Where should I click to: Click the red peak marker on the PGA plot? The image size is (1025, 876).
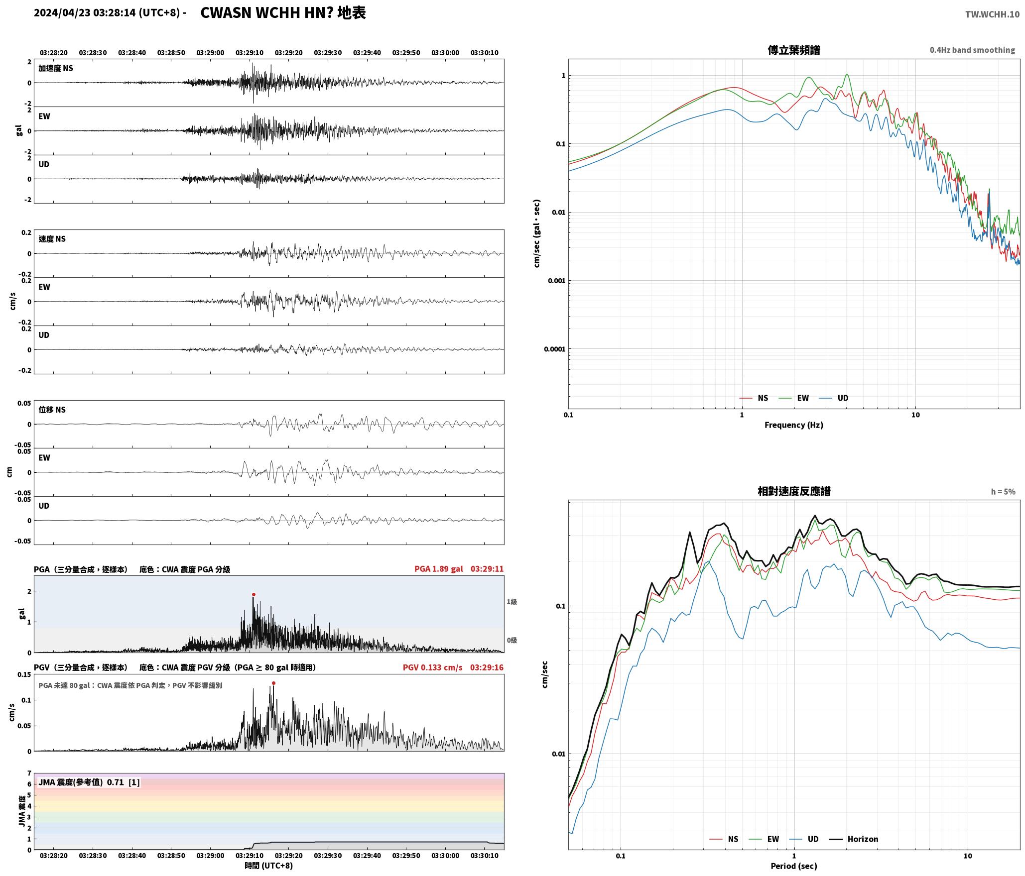click(254, 594)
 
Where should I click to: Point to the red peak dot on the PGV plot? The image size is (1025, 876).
click(273, 683)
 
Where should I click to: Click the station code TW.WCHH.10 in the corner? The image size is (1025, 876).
click(992, 14)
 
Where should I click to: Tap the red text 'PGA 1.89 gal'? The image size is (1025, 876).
click(438, 569)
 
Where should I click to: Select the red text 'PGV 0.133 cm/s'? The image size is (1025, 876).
click(432, 667)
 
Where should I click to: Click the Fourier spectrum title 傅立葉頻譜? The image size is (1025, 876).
click(794, 50)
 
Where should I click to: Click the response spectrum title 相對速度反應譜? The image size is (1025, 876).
click(794, 491)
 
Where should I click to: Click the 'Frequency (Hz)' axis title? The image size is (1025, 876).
click(794, 425)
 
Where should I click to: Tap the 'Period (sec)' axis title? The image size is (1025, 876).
click(794, 866)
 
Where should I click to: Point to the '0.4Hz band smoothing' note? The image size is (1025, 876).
click(972, 50)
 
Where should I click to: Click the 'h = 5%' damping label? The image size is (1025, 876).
click(1003, 492)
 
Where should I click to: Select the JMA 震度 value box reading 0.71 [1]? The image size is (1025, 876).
click(89, 782)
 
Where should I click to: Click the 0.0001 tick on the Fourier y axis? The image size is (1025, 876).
click(555, 349)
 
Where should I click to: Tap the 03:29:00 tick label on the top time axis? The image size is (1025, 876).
click(210, 53)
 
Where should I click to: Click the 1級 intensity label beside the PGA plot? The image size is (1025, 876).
click(512, 602)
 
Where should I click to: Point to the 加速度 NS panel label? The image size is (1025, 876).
click(56, 68)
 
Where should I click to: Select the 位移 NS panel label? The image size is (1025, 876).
click(52, 410)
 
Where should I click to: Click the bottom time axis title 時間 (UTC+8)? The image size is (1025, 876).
click(269, 866)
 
